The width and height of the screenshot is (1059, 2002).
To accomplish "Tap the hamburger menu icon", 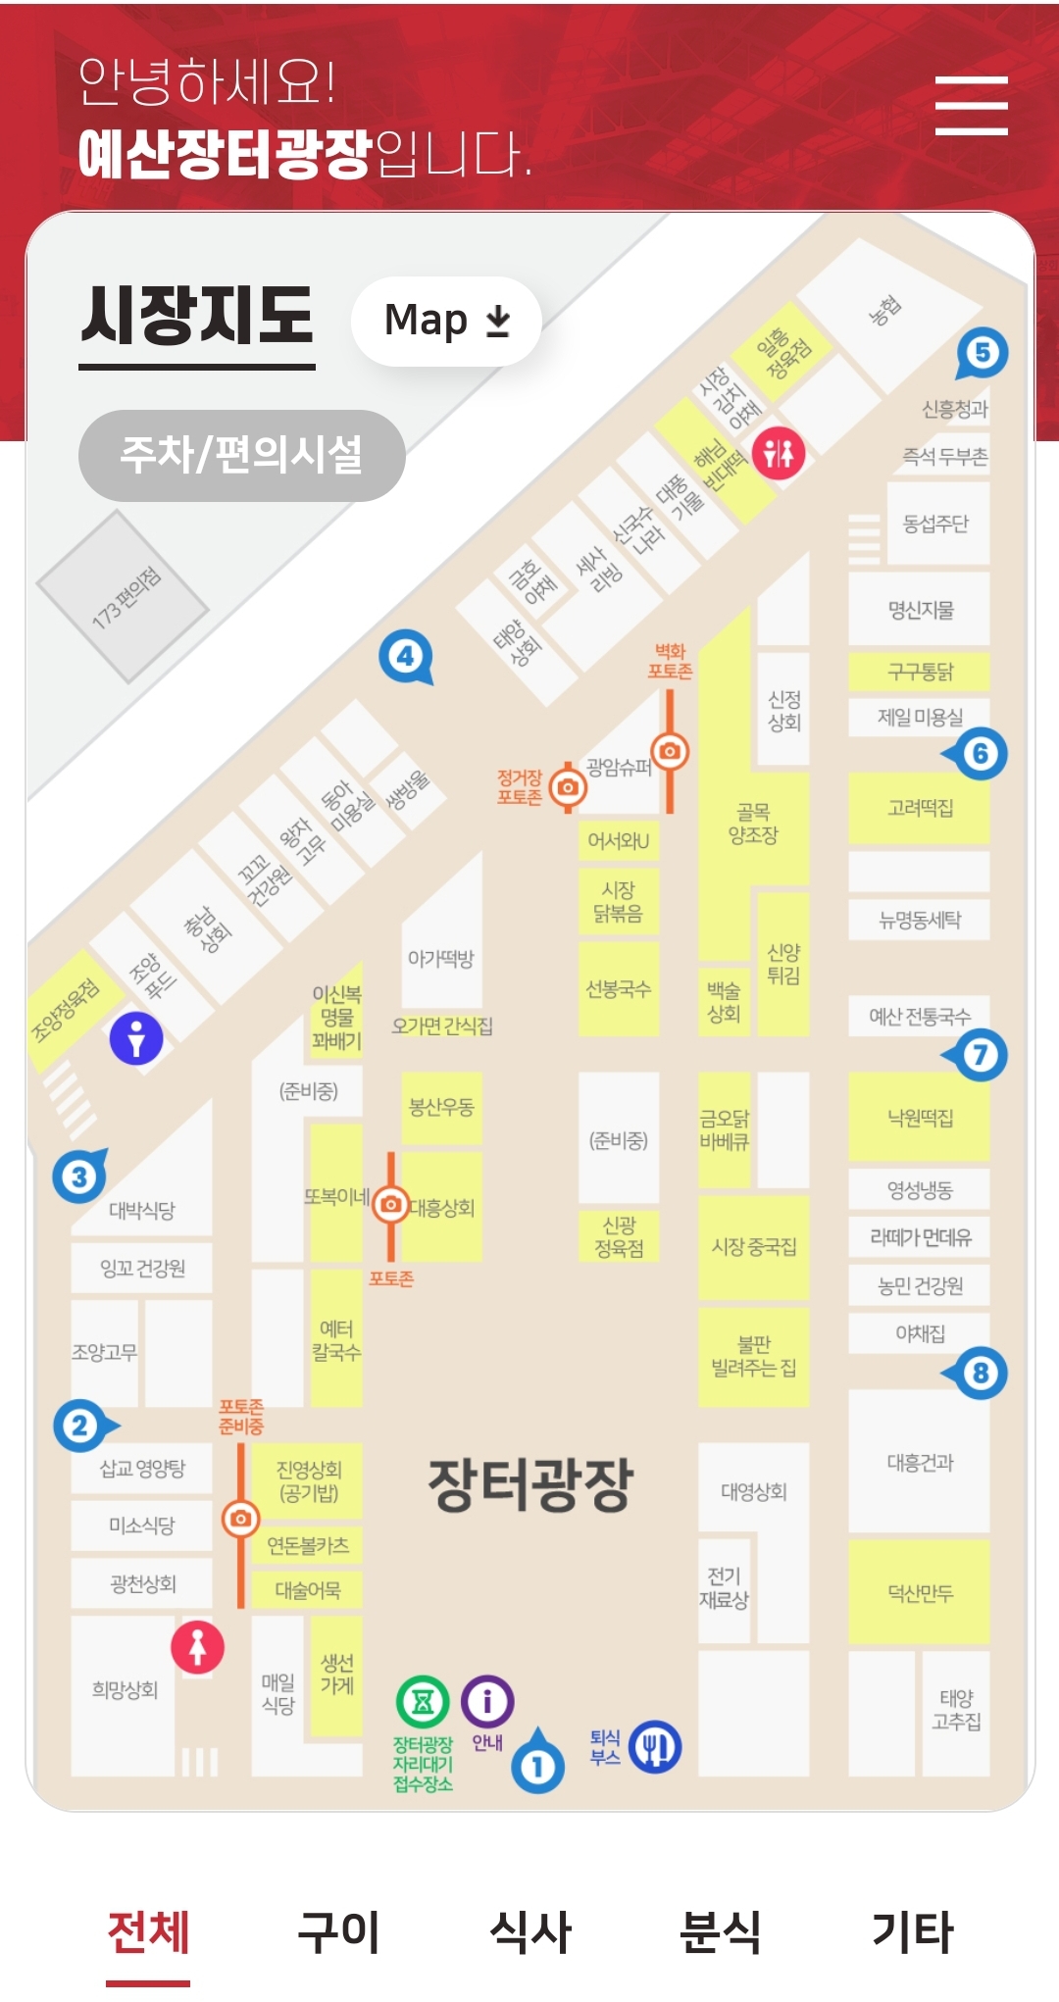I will (x=971, y=105).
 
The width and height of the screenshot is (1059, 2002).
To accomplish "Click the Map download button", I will (x=446, y=321).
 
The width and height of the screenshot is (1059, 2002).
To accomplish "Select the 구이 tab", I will (x=338, y=1931).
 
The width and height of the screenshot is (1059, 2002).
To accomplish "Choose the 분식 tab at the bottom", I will (x=721, y=1931).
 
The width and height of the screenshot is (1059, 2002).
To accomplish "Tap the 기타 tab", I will (x=912, y=1931).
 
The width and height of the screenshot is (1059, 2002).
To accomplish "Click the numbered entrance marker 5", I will (x=982, y=353).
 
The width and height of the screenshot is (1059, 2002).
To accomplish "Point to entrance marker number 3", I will (x=79, y=1176).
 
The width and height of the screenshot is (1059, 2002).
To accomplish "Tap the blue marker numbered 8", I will (x=980, y=1373).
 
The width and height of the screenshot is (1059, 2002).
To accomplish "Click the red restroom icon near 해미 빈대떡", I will (x=779, y=453).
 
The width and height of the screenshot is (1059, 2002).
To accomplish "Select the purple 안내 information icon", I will (x=487, y=1701).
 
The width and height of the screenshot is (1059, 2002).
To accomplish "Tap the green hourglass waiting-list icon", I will (x=423, y=1702).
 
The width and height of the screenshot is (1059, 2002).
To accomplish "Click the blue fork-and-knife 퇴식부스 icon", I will (x=655, y=1746).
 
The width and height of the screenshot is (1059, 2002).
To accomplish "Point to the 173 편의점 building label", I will (x=126, y=596).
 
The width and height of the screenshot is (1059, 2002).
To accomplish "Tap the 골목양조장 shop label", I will (x=753, y=824).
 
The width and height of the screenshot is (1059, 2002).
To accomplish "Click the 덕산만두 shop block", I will (x=920, y=1593).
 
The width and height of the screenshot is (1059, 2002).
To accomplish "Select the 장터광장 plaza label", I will (x=530, y=1483).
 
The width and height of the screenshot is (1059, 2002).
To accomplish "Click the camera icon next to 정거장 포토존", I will (x=568, y=786).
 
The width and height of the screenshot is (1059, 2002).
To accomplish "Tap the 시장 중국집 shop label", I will (x=753, y=1247).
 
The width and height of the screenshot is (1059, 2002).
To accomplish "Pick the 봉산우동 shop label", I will (x=441, y=1107).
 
